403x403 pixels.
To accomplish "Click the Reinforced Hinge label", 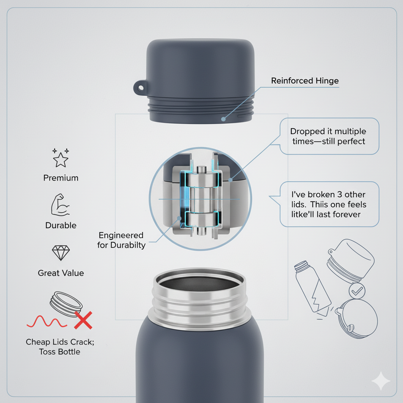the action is [305, 81].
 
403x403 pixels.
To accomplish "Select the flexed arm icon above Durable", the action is [60, 205].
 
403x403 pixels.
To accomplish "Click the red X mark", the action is [83, 320].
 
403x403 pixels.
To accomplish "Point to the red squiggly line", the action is [47, 322].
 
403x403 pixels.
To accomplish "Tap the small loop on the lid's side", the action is [140, 88].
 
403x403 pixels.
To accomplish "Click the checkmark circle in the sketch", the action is [357, 291].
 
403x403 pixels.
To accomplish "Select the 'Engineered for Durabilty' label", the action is [121, 240].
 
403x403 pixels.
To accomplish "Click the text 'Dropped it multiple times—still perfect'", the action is [328, 136].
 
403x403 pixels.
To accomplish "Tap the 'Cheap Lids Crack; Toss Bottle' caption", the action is [60, 347].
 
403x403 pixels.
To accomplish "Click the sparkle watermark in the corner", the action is [381, 381].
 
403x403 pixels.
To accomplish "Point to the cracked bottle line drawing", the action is [312, 288].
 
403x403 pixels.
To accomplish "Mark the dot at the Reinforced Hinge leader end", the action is [224, 119].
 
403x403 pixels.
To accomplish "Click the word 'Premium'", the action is [61, 178].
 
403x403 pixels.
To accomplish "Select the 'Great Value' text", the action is [61, 273].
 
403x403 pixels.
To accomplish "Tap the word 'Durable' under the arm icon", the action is [61, 226].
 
